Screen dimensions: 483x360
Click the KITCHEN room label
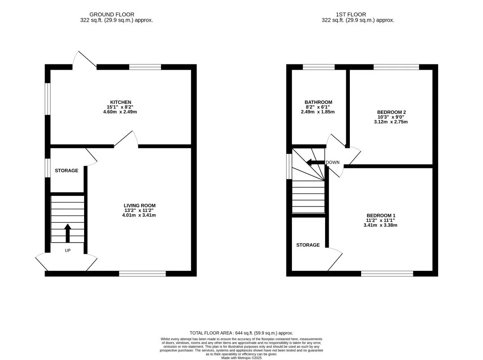[x=121, y=102]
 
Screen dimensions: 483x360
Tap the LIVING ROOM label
[x=139, y=206]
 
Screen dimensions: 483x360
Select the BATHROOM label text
[x=318, y=102]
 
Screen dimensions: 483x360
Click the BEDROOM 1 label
[x=381, y=216]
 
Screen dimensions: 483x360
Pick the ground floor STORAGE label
[x=67, y=171]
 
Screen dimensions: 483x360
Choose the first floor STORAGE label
[x=308, y=245]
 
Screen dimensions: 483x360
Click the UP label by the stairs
[x=68, y=251]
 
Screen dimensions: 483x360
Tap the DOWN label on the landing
[x=333, y=162]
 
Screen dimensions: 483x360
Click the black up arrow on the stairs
[x=68, y=233]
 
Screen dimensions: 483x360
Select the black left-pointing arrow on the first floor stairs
[x=315, y=162]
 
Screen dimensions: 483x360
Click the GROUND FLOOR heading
[x=112, y=14]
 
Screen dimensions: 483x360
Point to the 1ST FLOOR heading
[x=351, y=14]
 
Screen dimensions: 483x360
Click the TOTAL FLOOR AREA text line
[x=241, y=333]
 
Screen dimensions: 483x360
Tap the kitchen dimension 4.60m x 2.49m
[x=120, y=112]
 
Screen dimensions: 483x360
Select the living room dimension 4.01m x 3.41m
[x=139, y=215]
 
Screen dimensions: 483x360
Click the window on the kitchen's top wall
[x=145, y=67]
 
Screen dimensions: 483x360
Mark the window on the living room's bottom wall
[x=143, y=274]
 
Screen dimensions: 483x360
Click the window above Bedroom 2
[x=397, y=67]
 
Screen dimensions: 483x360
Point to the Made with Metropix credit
[x=241, y=358]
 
